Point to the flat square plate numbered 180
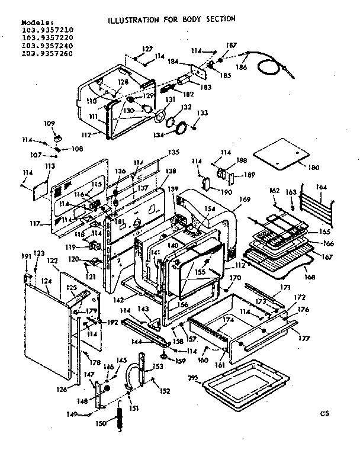[281, 154]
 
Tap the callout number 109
[49, 123]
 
